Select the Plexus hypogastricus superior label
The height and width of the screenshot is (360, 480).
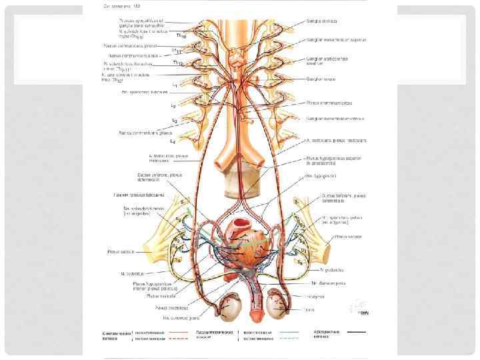click(x=333, y=159)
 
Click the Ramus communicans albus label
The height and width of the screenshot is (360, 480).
click(x=134, y=56)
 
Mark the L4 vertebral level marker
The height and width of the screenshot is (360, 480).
click(x=173, y=141)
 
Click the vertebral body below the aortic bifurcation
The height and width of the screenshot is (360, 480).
click(x=239, y=180)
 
